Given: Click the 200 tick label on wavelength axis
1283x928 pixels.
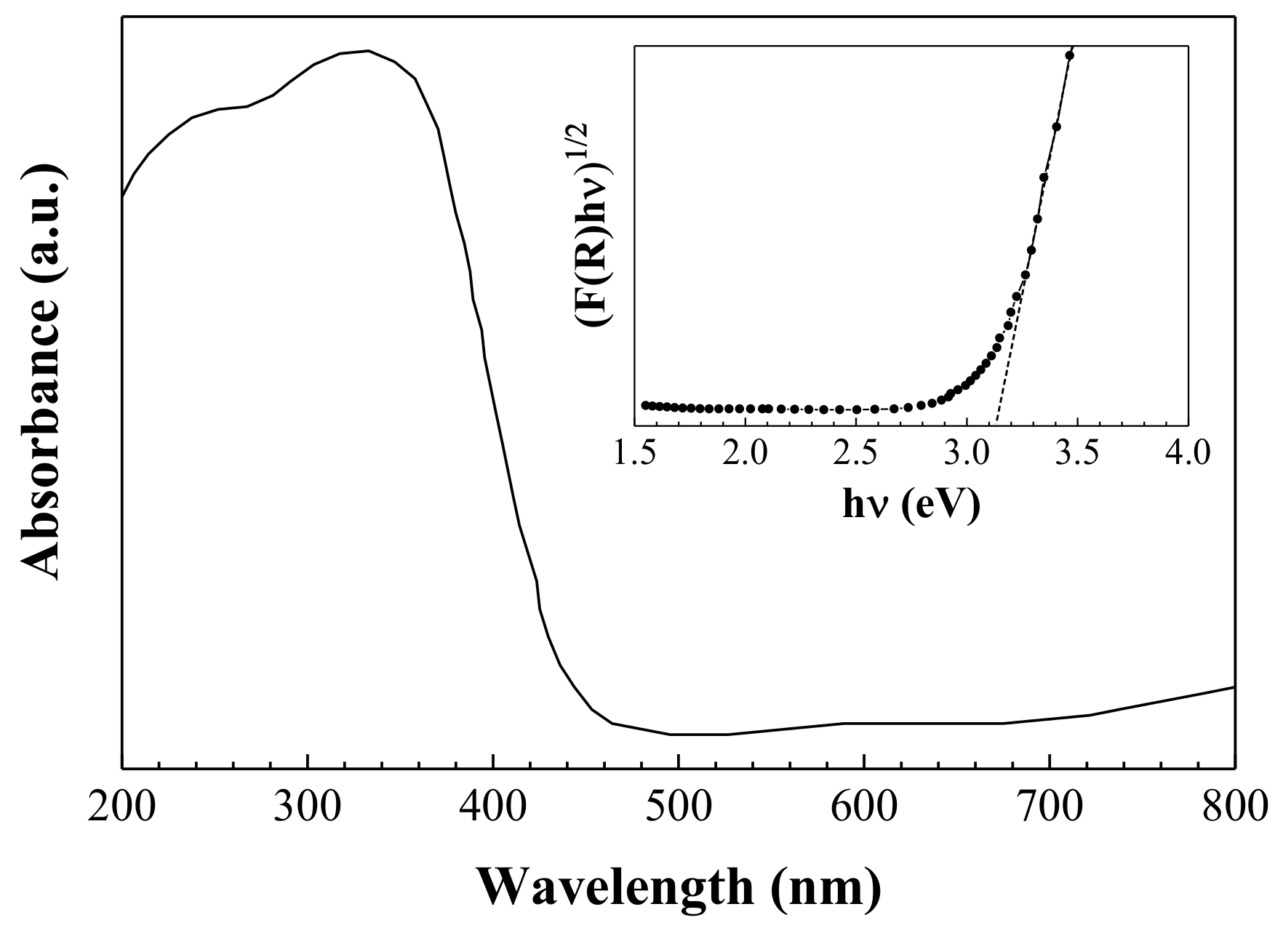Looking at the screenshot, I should (x=121, y=808).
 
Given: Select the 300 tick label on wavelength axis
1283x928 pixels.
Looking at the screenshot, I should (x=308, y=808).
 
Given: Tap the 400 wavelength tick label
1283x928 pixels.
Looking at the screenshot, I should (x=494, y=808).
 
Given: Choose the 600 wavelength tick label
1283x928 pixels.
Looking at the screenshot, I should (x=864, y=808).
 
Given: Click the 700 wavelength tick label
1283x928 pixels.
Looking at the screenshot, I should (x=1050, y=808).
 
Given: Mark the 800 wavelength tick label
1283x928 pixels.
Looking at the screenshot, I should (x=1234, y=808).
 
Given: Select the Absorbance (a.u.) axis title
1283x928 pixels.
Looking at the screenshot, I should (x=41, y=371).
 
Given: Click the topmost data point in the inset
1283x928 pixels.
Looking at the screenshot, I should (x=1069, y=55).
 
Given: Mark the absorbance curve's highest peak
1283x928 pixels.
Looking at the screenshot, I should (x=368, y=51).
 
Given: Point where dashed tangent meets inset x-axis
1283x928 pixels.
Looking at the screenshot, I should (x=996, y=425).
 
